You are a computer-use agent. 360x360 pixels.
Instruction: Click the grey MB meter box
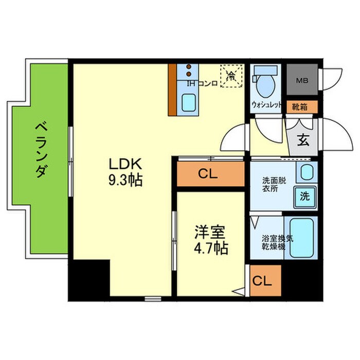302,80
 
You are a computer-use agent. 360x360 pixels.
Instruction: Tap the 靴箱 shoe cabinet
302,107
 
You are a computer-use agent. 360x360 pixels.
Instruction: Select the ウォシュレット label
266,105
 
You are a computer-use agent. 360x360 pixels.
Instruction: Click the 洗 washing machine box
305,196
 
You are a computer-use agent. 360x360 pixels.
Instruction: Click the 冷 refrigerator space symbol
231,76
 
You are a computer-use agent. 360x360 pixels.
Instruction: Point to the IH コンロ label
201,83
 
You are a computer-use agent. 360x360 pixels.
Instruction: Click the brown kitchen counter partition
172,90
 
